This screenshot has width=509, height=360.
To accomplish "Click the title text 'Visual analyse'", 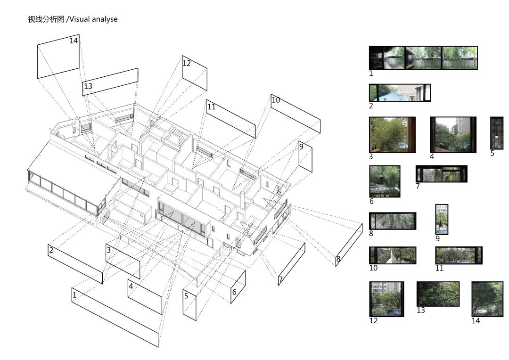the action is point(94,19).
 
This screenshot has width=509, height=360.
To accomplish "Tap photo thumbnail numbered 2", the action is point(400,93).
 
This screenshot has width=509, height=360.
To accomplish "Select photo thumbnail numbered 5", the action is point(497,133).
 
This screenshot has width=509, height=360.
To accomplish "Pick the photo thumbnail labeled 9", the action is point(442,220).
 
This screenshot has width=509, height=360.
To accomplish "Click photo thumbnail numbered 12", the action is point(386,299).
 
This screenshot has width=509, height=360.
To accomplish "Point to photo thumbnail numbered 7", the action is point(441,174).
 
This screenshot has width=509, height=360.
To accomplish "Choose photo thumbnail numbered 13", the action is point(438,294).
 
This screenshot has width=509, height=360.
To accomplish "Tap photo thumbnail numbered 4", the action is point(453,135).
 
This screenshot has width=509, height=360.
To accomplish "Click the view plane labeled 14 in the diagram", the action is point(58,57).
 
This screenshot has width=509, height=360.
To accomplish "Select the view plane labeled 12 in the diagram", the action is point(195,73).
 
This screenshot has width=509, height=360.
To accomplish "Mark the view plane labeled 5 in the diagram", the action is point(189,305).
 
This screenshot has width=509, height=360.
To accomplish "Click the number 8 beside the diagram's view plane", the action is point(338,259).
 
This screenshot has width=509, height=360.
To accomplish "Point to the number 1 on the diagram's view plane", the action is point(74,295).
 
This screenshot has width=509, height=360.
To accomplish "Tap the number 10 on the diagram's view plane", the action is point(276,100).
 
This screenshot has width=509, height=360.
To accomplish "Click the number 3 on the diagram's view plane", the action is point(109,250).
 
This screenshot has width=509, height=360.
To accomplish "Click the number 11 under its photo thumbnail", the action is point(439,268).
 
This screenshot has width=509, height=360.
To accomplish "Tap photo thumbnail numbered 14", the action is point(487,299).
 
